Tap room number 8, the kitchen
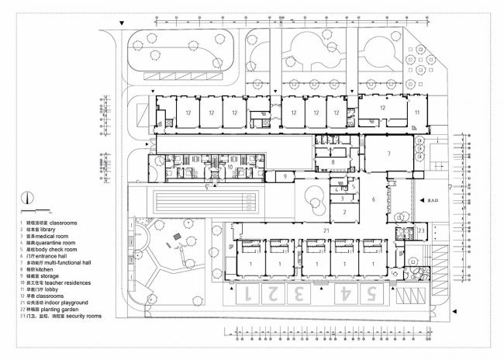pyautogui.click(x=332, y=162)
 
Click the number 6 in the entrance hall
pyautogui.click(x=373, y=199)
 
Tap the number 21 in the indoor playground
pyautogui.click(x=326, y=231)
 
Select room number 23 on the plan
pyautogui.click(x=421, y=230)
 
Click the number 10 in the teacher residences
pyautogui.click(x=230, y=167)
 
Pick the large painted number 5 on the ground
pyautogui.click(x=371, y=294)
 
